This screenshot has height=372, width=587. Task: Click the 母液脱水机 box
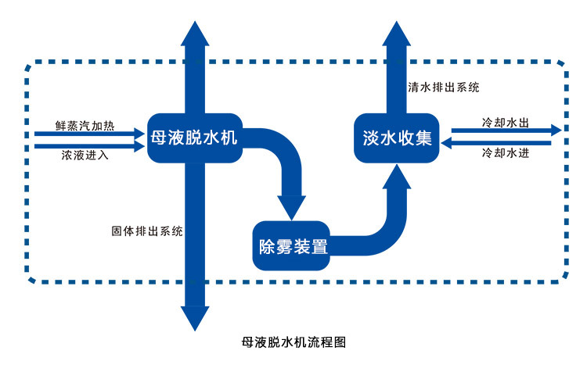(194, 138)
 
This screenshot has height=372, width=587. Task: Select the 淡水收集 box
(397, 138)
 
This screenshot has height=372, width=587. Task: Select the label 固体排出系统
(147, 231)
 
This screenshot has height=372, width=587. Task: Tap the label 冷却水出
(506, 123)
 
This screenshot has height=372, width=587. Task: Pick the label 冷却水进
(506, 153)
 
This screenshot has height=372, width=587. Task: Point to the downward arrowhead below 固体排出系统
(194, 317)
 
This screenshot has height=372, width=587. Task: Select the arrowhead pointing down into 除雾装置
(293, 208)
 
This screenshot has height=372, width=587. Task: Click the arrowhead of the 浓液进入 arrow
(141, 145)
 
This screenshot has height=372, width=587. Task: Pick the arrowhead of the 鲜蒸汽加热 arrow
(141, 132)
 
